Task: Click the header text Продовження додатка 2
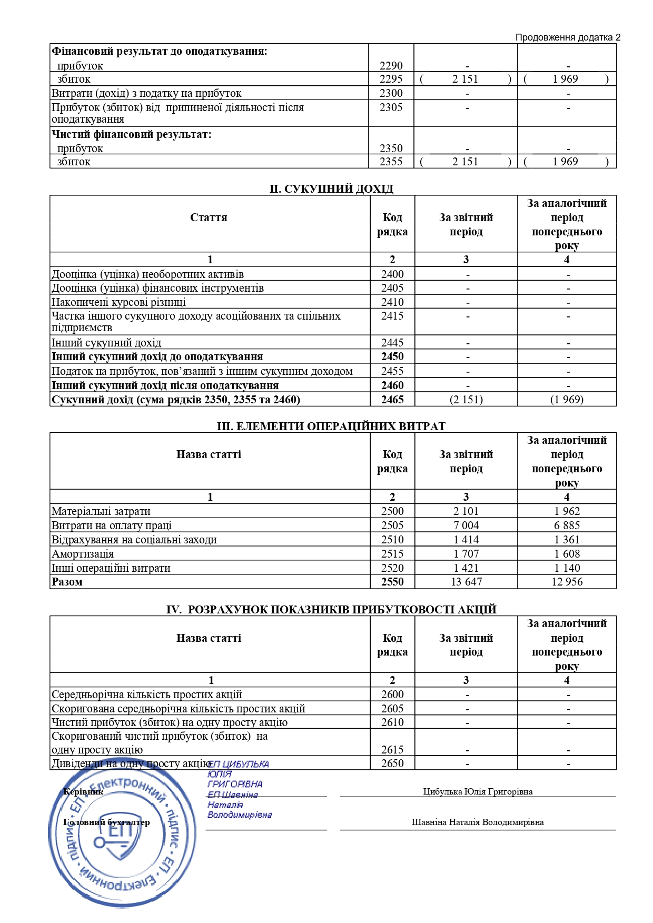coord(568,37)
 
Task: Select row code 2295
coord(391,79)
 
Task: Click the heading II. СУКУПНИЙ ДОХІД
coord(331,189)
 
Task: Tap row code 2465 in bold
coord(392,400)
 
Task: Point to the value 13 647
coord(467,582)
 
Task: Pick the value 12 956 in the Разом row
coord(567,582)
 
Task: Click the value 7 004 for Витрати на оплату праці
coord(467,525)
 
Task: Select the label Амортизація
coord(83,554)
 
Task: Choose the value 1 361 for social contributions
coord(567,540)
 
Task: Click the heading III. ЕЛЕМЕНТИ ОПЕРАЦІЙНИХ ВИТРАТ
coord(331,426)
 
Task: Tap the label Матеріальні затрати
coord(101,511)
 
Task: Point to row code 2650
coord(392,763)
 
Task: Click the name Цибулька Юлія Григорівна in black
coord(478,792)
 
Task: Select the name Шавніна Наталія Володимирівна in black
coord(478,822)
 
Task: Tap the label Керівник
coord(83,792)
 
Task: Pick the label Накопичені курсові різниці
coord(118,302)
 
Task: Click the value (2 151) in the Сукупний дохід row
coord(467,400)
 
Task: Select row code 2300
coord(391,93)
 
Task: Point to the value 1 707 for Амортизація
coord(467,554)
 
